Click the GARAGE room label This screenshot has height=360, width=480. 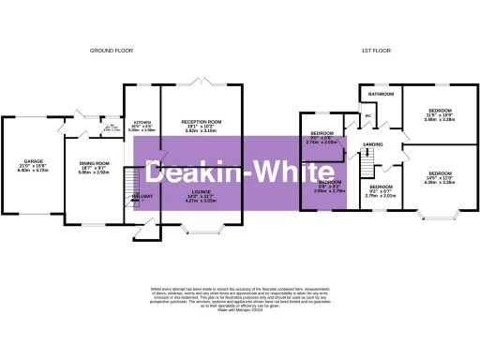33,160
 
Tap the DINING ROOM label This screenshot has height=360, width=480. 93,165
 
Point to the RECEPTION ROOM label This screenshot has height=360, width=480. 201,123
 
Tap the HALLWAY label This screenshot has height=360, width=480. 142,196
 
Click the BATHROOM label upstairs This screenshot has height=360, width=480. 381,96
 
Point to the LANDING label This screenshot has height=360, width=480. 372,143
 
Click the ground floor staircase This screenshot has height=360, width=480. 130,178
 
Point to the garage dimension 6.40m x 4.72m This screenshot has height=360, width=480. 33,171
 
